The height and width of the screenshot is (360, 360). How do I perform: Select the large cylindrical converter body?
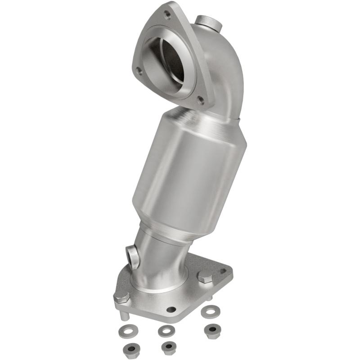189,171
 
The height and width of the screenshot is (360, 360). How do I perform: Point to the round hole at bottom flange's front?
171,310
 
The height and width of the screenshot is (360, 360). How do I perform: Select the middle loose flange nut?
169,346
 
